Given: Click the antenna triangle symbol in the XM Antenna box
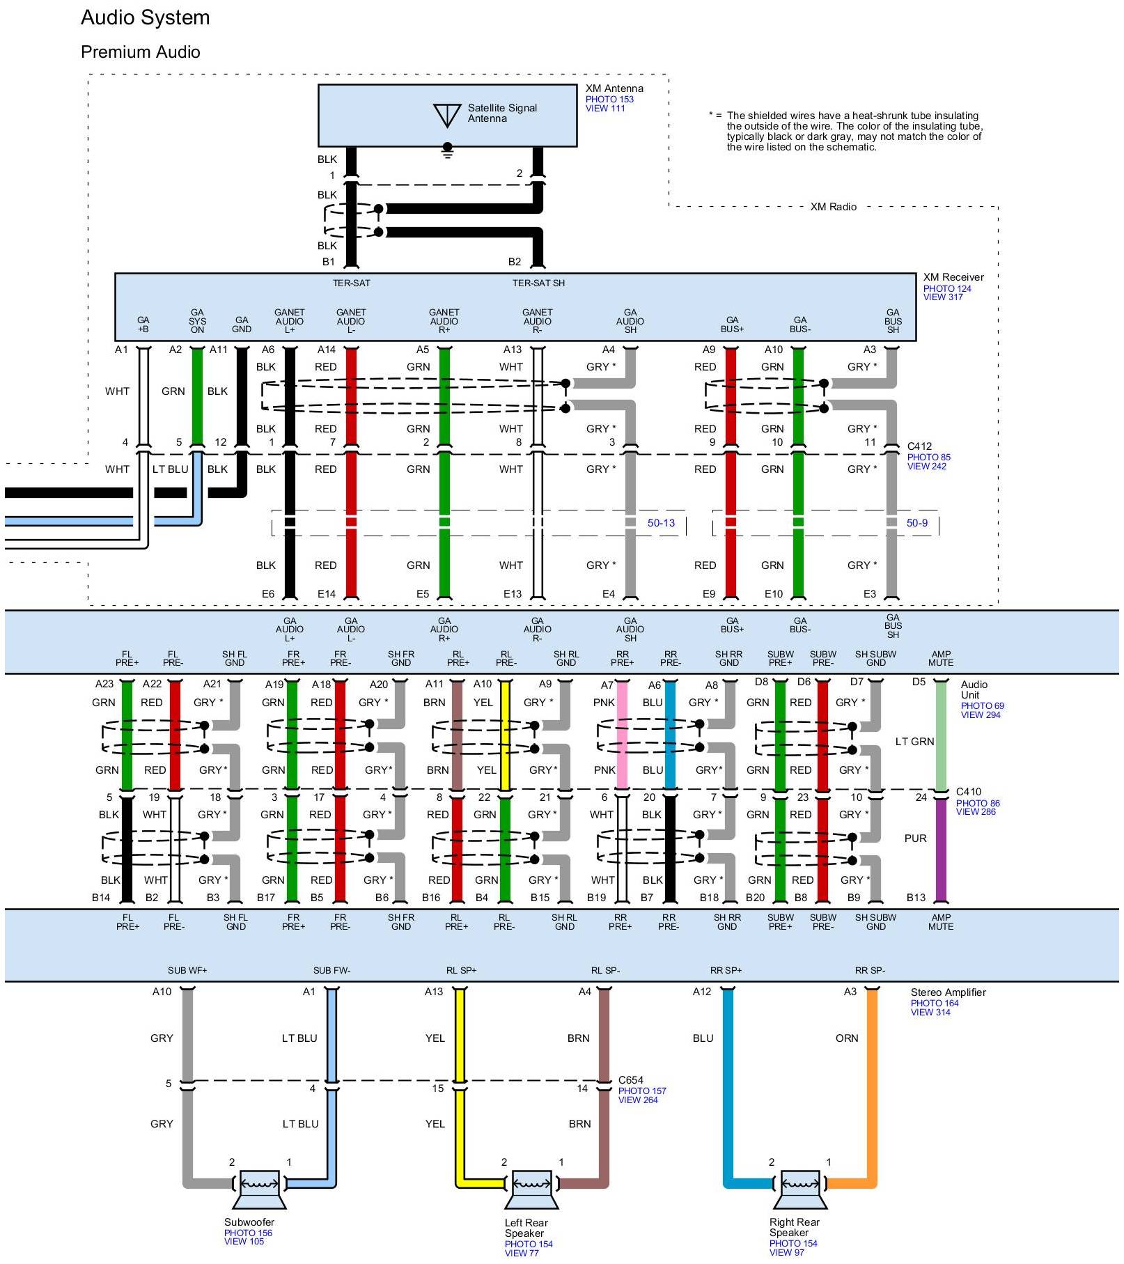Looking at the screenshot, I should [446, 115].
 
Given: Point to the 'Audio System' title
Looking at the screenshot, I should [145, 17].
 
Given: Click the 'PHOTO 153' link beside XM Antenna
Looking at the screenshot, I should [609, 99].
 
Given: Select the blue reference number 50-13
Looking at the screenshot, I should [661, 523].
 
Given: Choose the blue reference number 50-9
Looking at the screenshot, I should [916, 523].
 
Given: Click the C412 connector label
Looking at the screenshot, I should [919, 446].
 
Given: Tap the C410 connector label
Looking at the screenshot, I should [968, 792].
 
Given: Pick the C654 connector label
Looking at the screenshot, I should [631, 1080].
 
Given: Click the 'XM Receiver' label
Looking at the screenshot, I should [953, 277].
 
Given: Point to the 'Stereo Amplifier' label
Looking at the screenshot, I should [948, 992].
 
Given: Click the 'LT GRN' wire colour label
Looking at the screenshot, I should [914, 742].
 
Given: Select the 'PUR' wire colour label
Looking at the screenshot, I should [915, 838].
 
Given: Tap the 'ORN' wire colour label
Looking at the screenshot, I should [847, 1038].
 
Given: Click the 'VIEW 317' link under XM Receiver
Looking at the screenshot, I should [943, 297].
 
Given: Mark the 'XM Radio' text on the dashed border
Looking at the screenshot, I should [833, 207].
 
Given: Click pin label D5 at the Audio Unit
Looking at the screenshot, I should [919, 682].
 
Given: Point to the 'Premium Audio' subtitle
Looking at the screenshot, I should [140, 52].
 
